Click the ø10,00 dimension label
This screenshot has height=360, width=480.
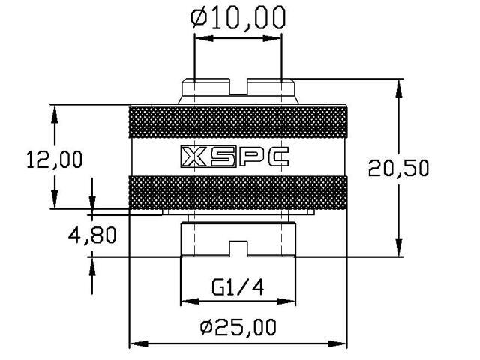pos(238,18)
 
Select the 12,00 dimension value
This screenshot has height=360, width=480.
pos(55,160)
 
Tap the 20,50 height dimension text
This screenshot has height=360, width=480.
pos(398,168)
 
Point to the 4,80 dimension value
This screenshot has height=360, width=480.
pos(92,235)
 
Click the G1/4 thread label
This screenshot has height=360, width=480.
pos(238,287)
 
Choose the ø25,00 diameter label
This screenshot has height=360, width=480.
pos(238,327)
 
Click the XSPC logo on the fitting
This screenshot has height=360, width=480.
pos(235,157)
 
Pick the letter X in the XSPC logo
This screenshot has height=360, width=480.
pos(194,157)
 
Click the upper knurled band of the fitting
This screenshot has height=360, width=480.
pos(238,121)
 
